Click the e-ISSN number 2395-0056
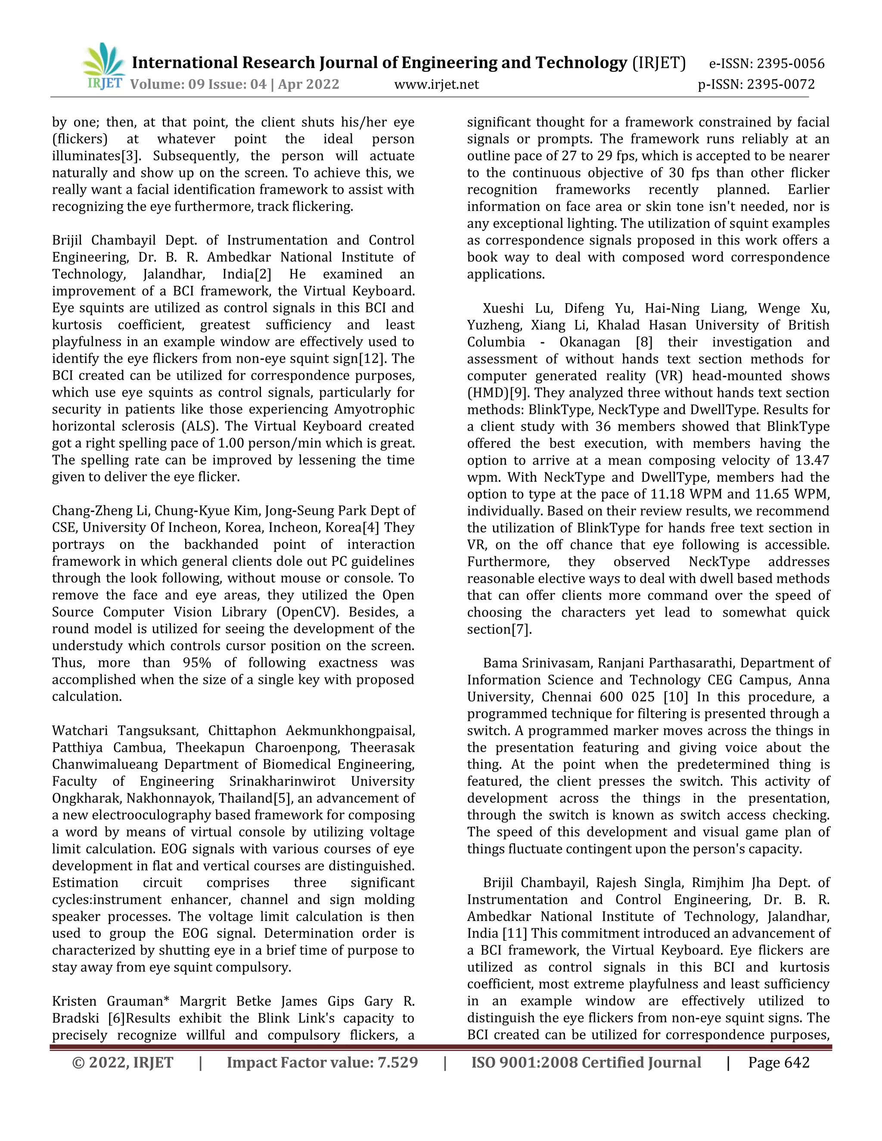coord(791,64)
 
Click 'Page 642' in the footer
coord(779,1063)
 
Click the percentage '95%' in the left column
coord(197,663)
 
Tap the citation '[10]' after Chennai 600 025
coord(676,697)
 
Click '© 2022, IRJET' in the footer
coord(123,1063)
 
